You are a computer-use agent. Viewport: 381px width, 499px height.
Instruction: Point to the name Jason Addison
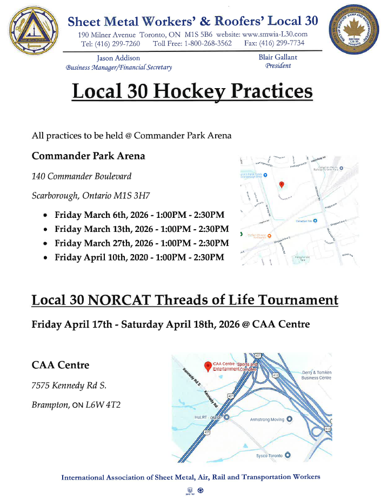[x=118, y=58]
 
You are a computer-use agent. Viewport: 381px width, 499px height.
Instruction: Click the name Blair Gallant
[x=278, y=57]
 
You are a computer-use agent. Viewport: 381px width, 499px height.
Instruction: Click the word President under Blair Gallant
[x=278, y=66]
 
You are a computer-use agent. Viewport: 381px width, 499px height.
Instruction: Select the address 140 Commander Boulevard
[x=81, y=176]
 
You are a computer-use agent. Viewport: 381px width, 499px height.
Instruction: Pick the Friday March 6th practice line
[x=139, y=215]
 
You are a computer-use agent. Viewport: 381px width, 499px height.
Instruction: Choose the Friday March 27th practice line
[x=142, y=243]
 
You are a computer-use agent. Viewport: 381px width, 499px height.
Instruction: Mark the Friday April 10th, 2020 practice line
[x=139, y=257]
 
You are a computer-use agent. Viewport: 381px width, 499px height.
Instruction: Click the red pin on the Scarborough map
[x=281, y=184]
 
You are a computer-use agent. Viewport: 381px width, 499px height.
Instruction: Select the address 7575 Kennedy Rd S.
[x=69, y=385]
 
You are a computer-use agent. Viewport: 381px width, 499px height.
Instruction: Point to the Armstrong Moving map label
[x=267, y=419]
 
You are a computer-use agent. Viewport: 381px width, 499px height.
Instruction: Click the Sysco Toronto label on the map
[x=269, y=455]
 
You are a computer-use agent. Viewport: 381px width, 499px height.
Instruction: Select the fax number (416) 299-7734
[x=282, y=43]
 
